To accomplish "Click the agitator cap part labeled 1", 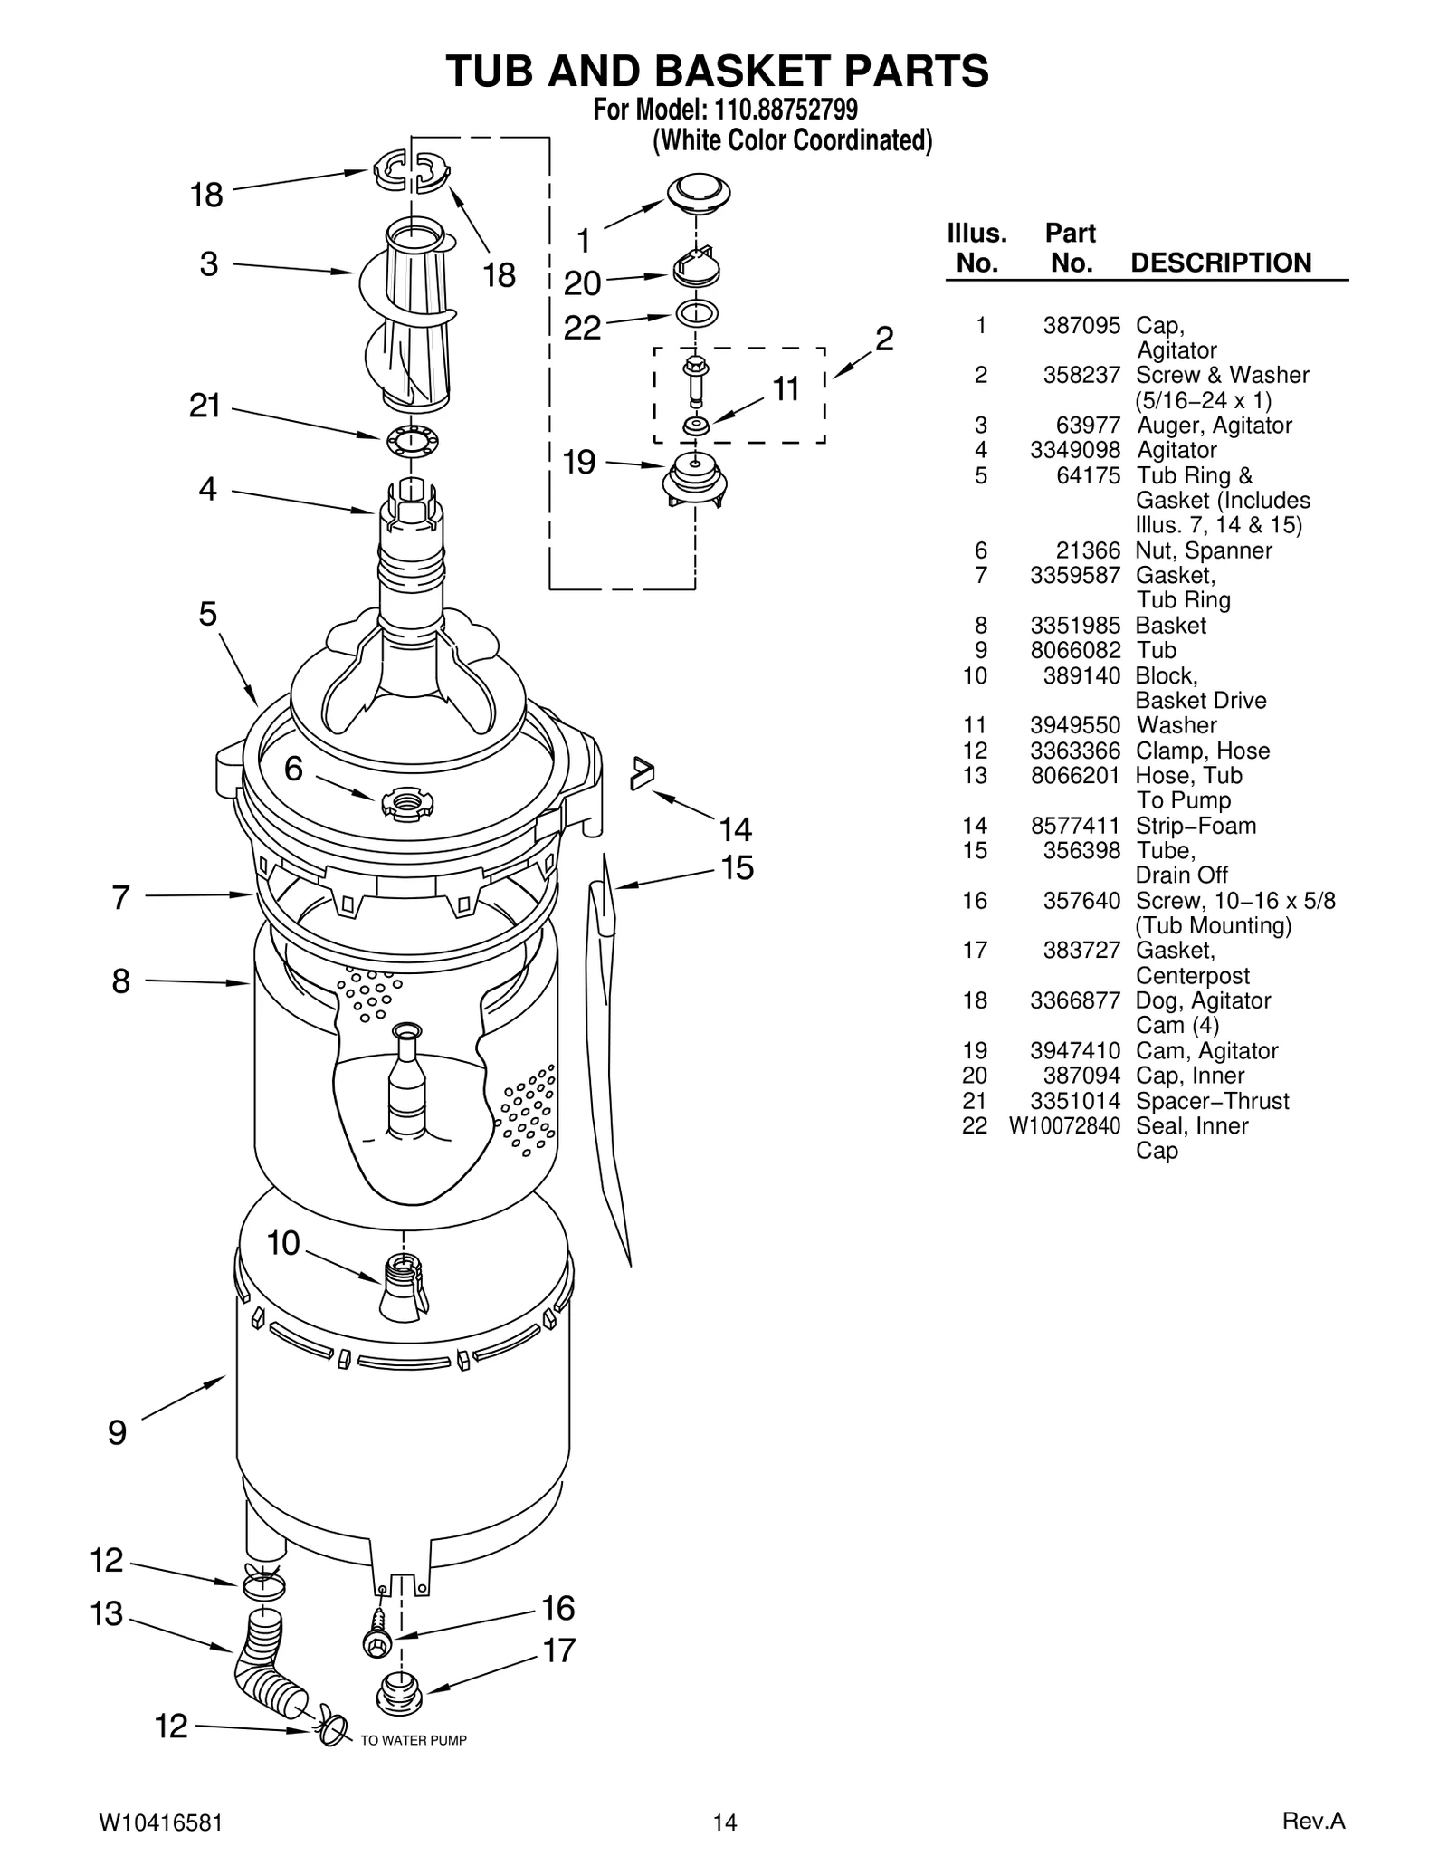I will [x=698, y=191].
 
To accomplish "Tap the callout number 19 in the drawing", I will [x=579, y=463].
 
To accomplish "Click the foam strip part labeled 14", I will [x=642, y=773].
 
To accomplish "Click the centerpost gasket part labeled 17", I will [x=397, y=1691].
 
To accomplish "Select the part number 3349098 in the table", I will [x=1074, y=450].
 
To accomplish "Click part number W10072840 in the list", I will [x=1064, y=1125].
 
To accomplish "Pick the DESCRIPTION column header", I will [x=1220, y=263].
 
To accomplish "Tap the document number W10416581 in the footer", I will [x=158, y=1822].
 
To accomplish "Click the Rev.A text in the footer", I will [x=1313, y=1821].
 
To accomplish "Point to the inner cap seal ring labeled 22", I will [x=696, y=314].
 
